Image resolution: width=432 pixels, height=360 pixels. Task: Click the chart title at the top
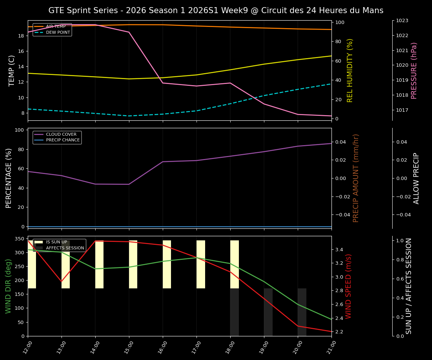(x=216, y=10)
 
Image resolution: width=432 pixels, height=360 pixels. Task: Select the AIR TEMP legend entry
(x=55, y=27)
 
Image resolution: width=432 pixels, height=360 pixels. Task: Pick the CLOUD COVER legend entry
(x=63, y=134)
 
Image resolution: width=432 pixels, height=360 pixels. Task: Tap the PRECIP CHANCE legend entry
(x=63, y=140)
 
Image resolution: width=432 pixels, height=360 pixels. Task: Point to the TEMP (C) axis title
(x=12, y=70)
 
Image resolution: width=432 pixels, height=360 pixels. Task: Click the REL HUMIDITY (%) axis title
(x=350, y=70)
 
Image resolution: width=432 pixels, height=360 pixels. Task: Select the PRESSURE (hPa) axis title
(x=414, y=70)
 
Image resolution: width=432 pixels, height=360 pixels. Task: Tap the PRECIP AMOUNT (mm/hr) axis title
(x=356, y=178)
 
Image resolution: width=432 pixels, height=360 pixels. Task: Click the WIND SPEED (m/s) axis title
(x=348, y=286)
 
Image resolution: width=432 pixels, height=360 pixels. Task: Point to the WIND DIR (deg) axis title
(x=8, y=286)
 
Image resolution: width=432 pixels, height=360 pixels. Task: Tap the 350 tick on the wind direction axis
(x=19, y=239)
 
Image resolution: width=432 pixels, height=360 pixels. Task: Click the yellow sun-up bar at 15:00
(x=133, y=264)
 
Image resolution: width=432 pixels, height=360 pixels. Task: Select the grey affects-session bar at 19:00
(x=268, y=312)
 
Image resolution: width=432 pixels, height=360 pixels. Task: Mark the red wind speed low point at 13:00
(x=61, y=282)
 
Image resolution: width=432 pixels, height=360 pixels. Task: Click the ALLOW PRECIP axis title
(x=416, y=178)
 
